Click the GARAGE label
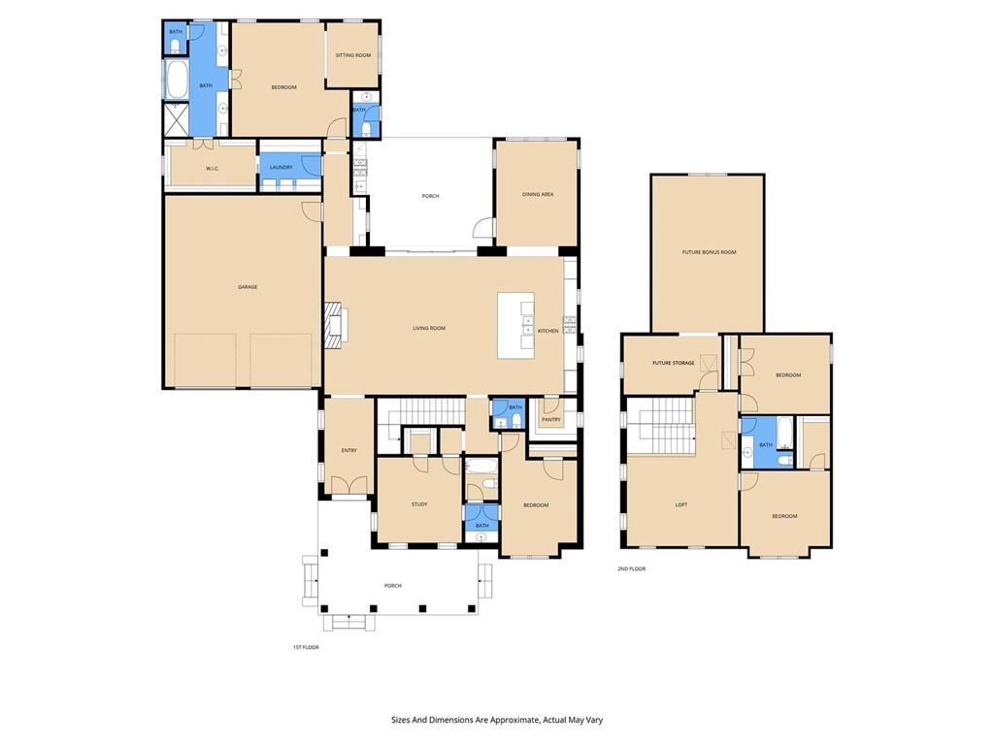click(x=248, y=287)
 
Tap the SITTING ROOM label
click(x=353, y=55)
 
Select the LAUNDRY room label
click(x=282, y=168)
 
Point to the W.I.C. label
click(x=213, y=169)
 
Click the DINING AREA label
click(x=538, y=194)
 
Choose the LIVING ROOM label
click(x=429, y=328)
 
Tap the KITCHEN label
click(x=548, y=331)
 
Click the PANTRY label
click(x=550, y=419)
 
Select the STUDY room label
click(x=419, y=503)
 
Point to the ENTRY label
click(x=348, y=450)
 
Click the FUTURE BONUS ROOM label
click(x=709, y=252)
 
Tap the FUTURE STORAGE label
click(x=674, y=363)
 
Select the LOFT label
click(x=681, y=504)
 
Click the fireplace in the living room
click(x=334, y=323)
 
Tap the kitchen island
click(x=515, y=326)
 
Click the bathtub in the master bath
click(x=177, y=80)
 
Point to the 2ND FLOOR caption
click(x=631, y=568)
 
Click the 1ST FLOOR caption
click(x=306, y=647)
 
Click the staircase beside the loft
click(x=660, y=427)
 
